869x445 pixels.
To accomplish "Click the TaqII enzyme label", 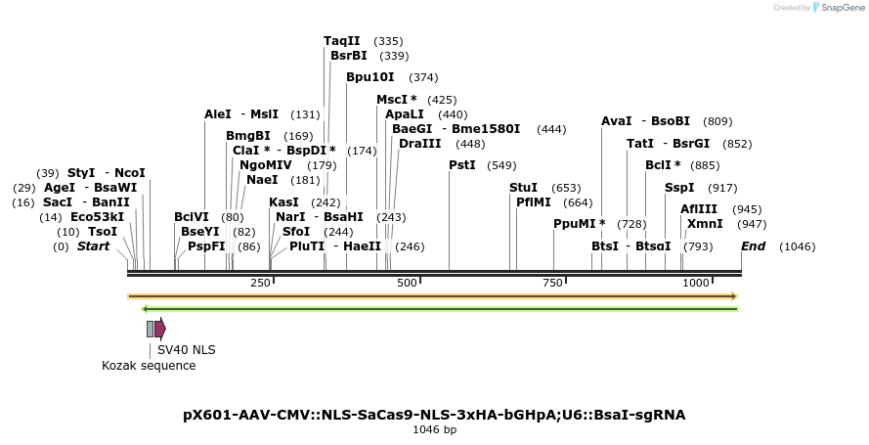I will pyautogui.click(x=342, y=41).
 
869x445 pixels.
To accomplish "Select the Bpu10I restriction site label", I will pyautogui.click(x=370, y=77).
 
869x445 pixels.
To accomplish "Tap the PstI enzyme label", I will pyautogui.click(x=462, y=165).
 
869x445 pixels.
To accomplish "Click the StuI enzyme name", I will pyautogui.click(x=523, y=187).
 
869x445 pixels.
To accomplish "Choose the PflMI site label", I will pyautogui.click(x=534, y=202).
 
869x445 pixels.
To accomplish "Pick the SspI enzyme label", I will pyautogui.click(x=679, y=187).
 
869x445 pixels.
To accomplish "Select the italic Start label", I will pyautogui.click(x=94, y=246).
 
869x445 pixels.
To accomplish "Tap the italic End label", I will pyautogui.click(x=753, y=246).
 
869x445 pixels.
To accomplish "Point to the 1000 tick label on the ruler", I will pyautogui.click(x=696, y=283).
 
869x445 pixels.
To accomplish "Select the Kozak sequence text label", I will pyautogui.click(x=149, y=366).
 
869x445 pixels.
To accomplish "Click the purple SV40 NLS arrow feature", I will pyautogui.click(x=160, y=329).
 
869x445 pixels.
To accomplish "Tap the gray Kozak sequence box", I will pyautogui.click(x=150, y=329).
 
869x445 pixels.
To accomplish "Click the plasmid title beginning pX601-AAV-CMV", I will pyautogui.click(x=434, y=415).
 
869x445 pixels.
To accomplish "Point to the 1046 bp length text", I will pyautogui.click(x=434, y=429).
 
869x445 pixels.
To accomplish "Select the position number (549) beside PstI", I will pyautogui.click(x=501, y=165).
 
